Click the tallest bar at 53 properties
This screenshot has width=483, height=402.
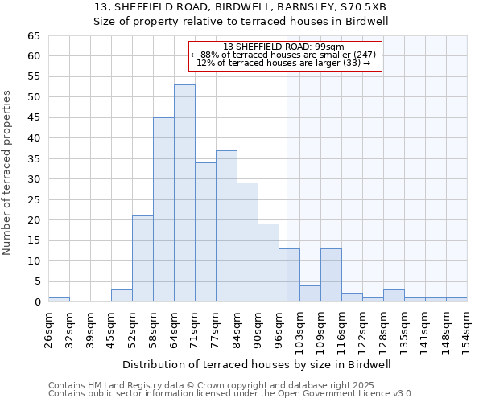click(184, 193)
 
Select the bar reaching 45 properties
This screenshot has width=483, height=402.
click(163, 209)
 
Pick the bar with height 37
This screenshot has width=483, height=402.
click(226, 226)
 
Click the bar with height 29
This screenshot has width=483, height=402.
click(247, 242)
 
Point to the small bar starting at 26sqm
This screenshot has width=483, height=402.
click(59, 300)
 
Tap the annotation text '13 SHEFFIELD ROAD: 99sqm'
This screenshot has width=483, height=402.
click(283, 47)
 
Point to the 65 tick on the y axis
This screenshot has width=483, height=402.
click(33, 36)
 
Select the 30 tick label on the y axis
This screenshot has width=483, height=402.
click(33, 179)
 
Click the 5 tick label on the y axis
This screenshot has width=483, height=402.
click(37, 281)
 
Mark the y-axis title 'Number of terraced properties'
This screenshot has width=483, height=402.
click(7, 172)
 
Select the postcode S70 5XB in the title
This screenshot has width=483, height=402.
click(363, 6)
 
